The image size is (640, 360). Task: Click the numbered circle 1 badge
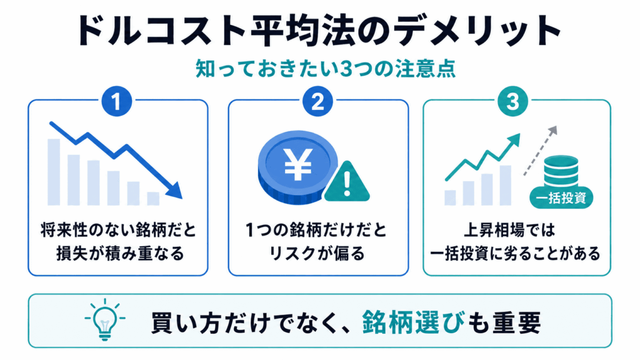point(117,101)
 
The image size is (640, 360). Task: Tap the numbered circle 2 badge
point(317,101)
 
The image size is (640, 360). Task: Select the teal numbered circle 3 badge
point(512,101)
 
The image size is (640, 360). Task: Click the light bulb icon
point(105,319)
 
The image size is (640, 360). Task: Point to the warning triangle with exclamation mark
point(347,182)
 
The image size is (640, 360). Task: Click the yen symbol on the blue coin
point(298,164)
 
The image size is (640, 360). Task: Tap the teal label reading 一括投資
point(561,198)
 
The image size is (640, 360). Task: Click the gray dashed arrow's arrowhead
point(552,131)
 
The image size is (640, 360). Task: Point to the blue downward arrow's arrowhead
point(176,191)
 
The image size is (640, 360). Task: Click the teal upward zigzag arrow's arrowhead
point(515,139)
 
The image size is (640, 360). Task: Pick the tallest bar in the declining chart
point(54,172)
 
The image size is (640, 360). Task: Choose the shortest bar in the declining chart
point(153,198)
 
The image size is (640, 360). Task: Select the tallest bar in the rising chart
point(505,185)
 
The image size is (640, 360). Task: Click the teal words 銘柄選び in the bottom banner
point(413,322)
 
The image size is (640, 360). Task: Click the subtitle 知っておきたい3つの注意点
point(325,69)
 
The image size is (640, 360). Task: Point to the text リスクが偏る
point(317,254)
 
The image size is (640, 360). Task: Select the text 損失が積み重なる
point(120,254)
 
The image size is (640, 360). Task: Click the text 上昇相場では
point(509,230)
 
